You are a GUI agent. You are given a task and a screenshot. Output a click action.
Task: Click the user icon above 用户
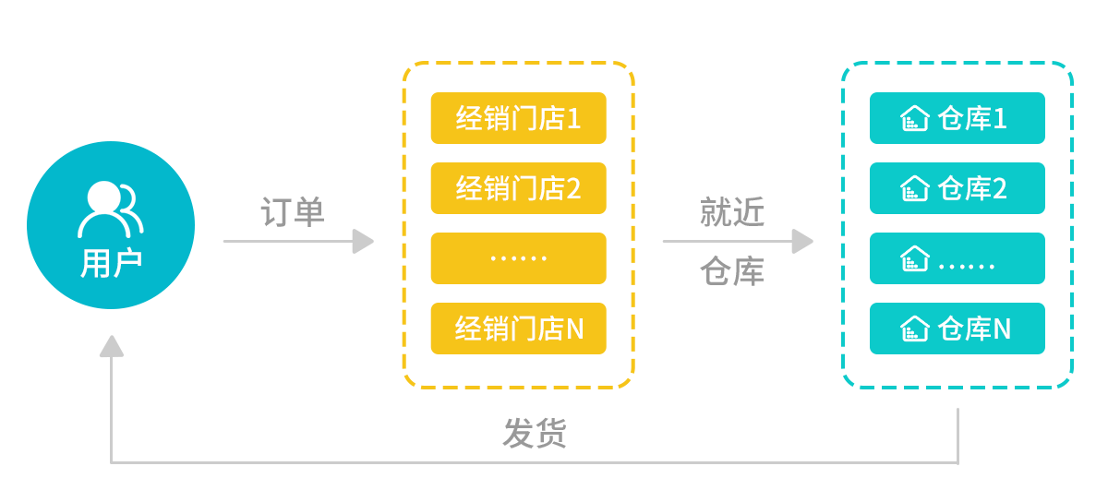click(x=110, y=209)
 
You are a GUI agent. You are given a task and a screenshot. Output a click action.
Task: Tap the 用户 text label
click(x=111, y=264)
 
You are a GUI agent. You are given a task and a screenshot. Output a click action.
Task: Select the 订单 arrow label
click(x=293, y=212)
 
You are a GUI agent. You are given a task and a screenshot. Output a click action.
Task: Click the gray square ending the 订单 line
click(x=363, y=241)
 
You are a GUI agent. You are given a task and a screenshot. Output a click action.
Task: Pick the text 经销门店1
click(x=518, y=119)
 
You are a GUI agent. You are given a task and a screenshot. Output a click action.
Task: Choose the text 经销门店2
click(x=518, y=189)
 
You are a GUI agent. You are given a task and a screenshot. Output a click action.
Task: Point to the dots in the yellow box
click(x=518, y=258)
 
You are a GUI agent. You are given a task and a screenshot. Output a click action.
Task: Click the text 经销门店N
click(x=519, y=329)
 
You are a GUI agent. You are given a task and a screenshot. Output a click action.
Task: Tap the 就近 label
click(x=731, y=213)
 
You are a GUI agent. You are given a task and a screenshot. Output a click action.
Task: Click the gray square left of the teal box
click(x=802, y=241)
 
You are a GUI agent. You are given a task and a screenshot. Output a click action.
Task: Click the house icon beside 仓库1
click(x=914, y=119)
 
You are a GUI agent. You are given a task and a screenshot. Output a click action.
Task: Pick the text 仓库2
click(x=972, y=189)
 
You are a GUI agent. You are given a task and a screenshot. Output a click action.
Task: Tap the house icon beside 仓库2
click(x=914, y=189)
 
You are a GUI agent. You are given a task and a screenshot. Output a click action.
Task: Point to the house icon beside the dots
click(x=914, y=259)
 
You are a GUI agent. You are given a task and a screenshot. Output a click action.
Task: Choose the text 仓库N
click(x=974, y=329)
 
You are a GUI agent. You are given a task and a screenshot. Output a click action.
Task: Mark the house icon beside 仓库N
click(x=914, y=329)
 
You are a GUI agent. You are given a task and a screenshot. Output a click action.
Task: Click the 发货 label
click(x=534, y=433)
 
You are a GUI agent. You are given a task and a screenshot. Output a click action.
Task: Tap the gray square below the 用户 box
click(x=112, y=346)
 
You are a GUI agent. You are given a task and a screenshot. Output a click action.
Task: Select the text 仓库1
click(x=972, y=119)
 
